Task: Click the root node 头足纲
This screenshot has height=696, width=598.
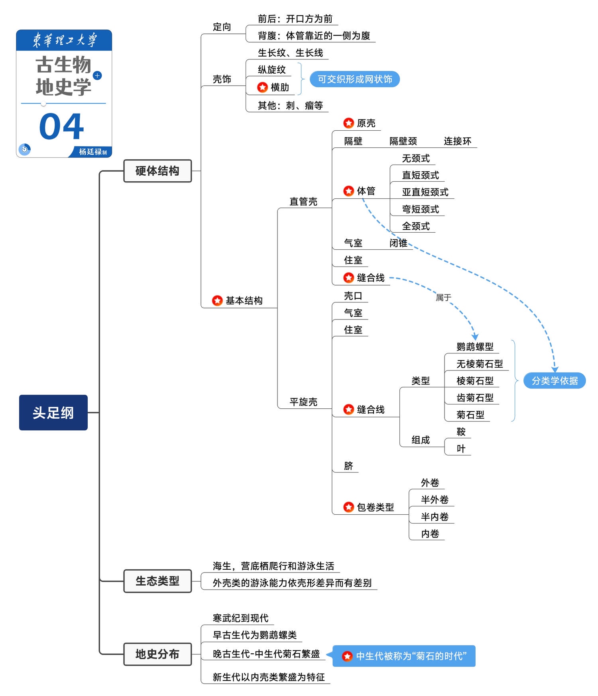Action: click(x=53, y=412)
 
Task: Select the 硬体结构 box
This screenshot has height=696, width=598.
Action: click(x=157, y=171)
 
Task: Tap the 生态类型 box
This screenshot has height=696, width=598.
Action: click(x=157, y=581)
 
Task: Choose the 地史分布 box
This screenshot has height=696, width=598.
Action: click(x=157, y=654)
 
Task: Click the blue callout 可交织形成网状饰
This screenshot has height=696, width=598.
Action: click(x=355, y=79)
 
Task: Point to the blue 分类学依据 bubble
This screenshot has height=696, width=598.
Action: click(x=555, y=380)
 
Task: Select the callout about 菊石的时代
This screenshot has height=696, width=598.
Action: click(x=404, y=656)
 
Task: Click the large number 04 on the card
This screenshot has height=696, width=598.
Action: click(x=62, y=127)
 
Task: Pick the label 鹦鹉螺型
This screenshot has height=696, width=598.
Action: click(x=475, y=347)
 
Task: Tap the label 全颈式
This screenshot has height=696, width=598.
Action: click(x=416, y=226)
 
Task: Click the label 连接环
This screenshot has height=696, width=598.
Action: click(x=457, y=141)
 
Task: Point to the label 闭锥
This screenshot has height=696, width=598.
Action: click(x=398, y=243)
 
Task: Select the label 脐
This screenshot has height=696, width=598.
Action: click(x=348, y=466)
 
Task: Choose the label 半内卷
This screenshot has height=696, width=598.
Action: click(x=435, y=517)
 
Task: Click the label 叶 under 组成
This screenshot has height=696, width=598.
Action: click(x=461, y=449)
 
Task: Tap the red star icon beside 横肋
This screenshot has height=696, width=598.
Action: click(x=262, y=87)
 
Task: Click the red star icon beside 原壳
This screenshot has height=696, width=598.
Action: click(x=348, y=123)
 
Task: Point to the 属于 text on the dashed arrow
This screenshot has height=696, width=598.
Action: click(x=443, y=297)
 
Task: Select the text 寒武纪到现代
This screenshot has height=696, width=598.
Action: click(x=240, y=618)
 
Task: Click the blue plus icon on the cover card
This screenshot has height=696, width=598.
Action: click(x=97, y=75)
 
